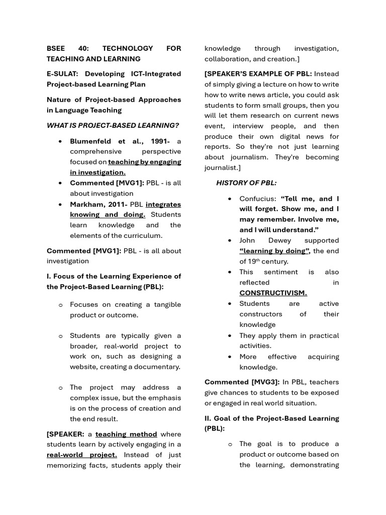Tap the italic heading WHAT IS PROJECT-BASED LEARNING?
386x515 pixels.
113,126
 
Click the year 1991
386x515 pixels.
160,141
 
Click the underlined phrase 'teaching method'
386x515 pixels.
126,434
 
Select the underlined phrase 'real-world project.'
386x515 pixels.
82,455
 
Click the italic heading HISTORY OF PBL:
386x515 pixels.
246,183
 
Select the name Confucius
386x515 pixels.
257,199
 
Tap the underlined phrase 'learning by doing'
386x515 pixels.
274,251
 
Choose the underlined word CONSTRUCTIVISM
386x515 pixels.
273,293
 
